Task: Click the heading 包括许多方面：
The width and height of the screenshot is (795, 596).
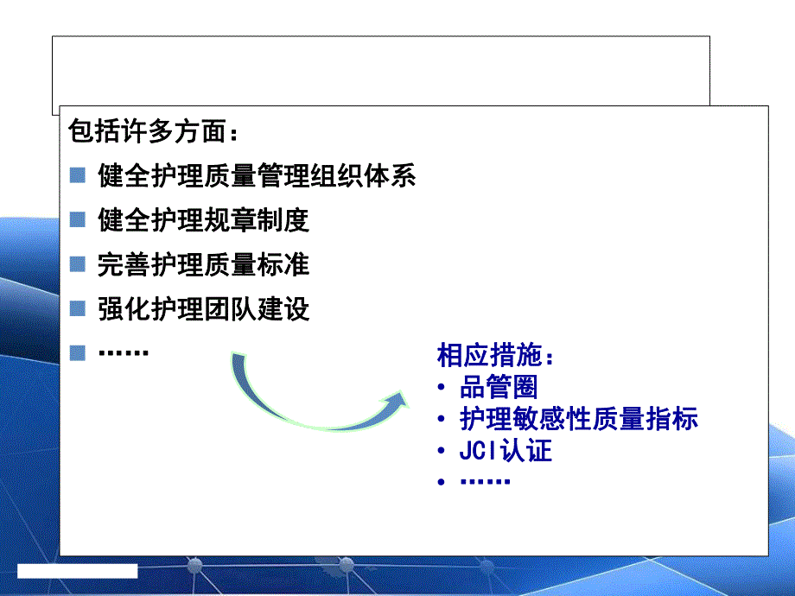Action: (x=155, y=133)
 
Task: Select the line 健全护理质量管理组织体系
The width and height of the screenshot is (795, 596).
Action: (x=257, y=176)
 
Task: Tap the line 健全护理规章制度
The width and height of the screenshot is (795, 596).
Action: (x=203, y=220)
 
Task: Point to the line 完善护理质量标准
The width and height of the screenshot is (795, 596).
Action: (x=203, y=264)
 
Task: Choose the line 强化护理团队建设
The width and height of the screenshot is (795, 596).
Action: (x=203, y=308)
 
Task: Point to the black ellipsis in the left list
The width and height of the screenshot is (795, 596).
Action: (x=124, y=352)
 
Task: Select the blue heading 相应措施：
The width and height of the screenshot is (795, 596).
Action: (x=495, y=356)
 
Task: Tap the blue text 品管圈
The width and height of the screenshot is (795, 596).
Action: (x=499, y=387)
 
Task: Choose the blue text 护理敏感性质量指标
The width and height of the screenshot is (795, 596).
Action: (x=579, y=419)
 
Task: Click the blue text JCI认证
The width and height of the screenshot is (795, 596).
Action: (x=506, y=450)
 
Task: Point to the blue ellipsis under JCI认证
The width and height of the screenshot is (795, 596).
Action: (x=485, y=481)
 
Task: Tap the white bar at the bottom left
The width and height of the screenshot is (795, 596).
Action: (x=78, y=570)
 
